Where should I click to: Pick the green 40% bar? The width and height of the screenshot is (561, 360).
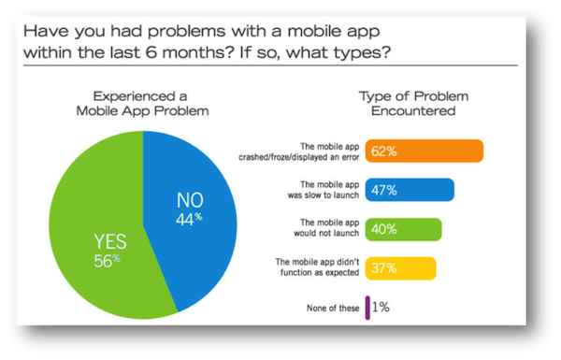click(403, 229)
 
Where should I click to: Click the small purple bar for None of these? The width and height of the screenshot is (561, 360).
click(367, 308)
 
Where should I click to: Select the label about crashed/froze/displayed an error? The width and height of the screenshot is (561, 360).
click(316, 151)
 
